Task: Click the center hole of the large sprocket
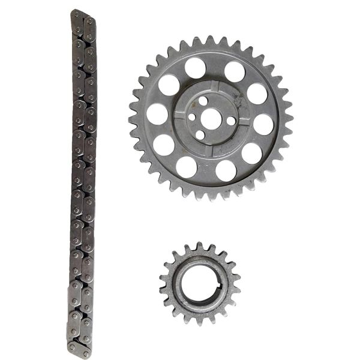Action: tap(211, 118)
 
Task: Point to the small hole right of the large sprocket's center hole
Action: tap(231, 121)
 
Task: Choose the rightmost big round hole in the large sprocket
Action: tap(263, 124)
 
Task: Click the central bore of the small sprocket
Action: tap(199, 283)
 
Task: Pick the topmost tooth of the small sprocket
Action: tap(196, 247)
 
